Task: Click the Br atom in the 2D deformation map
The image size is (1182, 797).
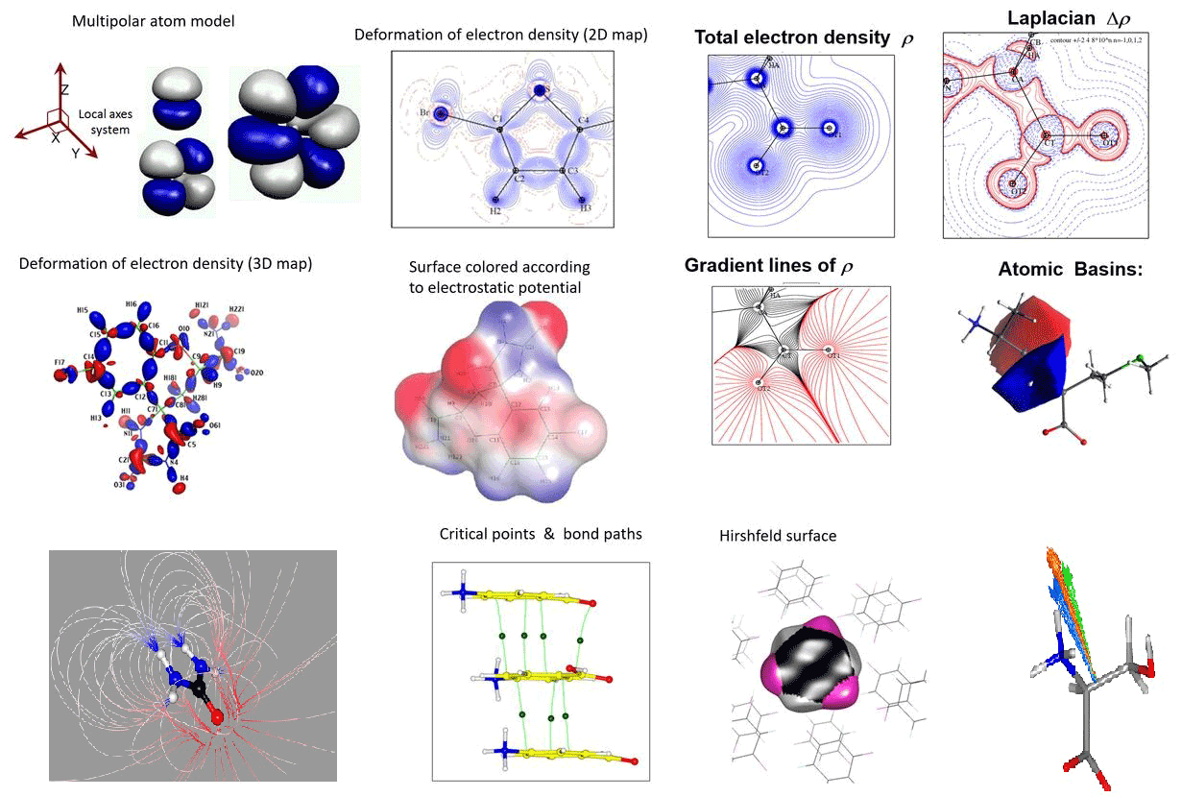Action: [x=441, y=113]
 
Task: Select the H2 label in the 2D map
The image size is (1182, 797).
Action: [x=495, y=210]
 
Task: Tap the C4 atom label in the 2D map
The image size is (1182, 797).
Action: [x=583, y=118]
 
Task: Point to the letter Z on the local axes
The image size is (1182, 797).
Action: [x=64, y=89]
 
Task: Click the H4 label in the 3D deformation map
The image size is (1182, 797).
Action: [x=183, y=477]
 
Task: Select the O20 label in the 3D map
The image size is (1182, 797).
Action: [x=256, y=372]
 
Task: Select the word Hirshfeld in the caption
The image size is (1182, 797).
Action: [x=748, y=536]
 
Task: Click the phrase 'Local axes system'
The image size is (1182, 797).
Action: [x=106, y=122]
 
